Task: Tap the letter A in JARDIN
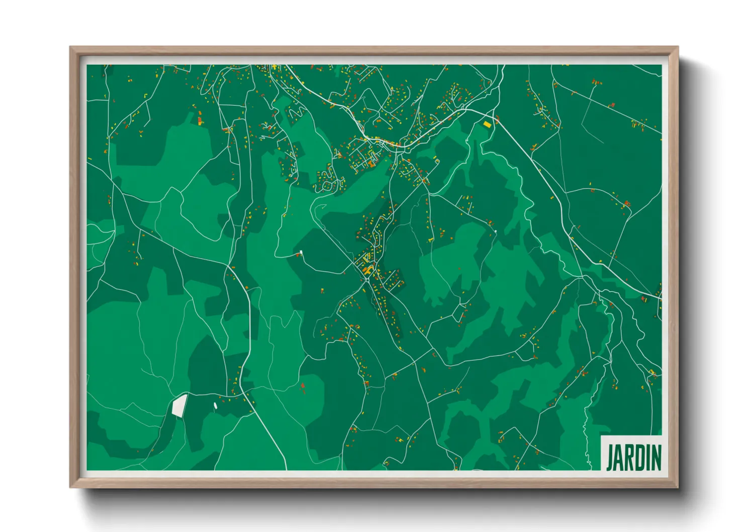pos(619,458)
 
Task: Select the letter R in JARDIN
pos(629,458)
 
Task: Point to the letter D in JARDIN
pos(639,458)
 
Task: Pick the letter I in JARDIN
pos(647,458)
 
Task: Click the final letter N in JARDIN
pos(655,458)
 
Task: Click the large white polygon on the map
pos(179,405)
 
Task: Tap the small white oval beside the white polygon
pos(215,405)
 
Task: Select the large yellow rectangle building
pos(487,123)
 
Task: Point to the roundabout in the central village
pos(365,277)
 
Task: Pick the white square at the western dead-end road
pos(301,252)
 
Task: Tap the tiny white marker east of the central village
pos(495,231)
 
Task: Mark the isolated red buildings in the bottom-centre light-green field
pos(303,386)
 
